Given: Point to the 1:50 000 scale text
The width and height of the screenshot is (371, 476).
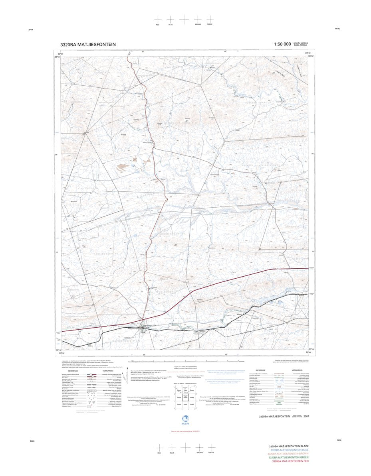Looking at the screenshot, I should click(282, 44).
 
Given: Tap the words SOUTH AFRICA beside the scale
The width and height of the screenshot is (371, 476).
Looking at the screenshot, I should click(301, 43).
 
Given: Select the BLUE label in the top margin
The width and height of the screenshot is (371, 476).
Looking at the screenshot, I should click(171, 25).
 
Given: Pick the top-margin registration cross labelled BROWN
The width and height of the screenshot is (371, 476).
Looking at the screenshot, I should click(197, 19).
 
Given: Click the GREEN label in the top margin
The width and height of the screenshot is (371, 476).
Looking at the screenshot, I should click(210, 24).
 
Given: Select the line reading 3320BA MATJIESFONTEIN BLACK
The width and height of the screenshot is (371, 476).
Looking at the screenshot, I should click(288, 446).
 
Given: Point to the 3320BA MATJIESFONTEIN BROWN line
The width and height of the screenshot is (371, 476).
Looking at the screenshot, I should click(288, 454).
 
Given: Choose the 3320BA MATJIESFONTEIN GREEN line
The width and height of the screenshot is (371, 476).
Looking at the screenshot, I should click(289, 457).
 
